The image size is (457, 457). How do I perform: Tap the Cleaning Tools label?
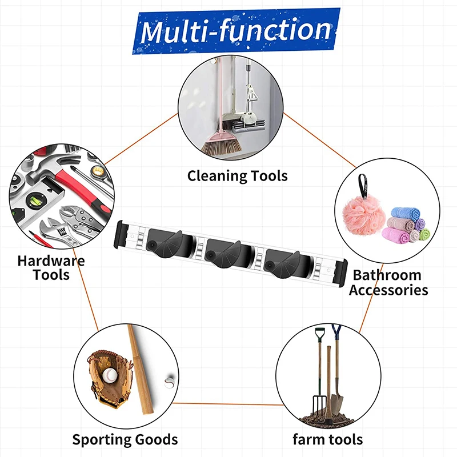(238, 176)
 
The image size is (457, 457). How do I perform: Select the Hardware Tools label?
(51, 268)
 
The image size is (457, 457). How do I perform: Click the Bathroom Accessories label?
(388, 282)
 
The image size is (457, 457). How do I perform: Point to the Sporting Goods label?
(125, 439)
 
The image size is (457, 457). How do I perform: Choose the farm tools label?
(328, 439)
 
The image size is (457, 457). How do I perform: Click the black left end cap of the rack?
(121, 235)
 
